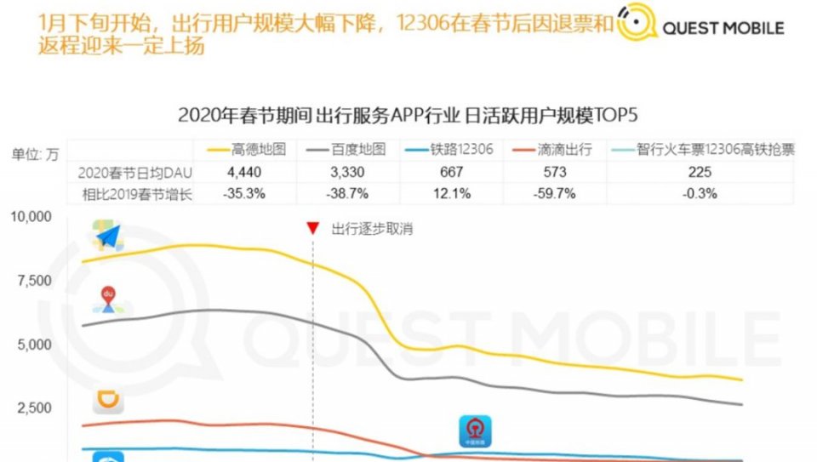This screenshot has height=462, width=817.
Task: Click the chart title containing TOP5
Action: click(408, 115)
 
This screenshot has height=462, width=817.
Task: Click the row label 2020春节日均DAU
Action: click(124, 172)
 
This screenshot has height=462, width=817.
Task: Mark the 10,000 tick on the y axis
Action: click(31, 218)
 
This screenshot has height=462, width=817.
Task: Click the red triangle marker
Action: click(312, 228)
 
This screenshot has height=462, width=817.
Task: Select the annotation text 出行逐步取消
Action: click(372, 229)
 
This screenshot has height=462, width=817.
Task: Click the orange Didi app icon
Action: click(108, 400)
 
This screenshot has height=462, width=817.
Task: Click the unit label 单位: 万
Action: click(35, 155)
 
